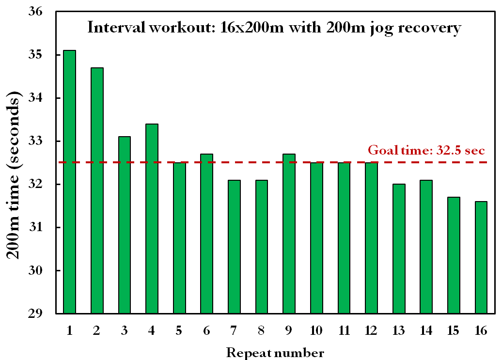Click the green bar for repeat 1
pos(69,182)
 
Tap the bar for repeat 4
pos(152,219)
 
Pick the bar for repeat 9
pos(289,234)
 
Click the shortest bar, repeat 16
pos(481,257)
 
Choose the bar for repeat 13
pos(399,249)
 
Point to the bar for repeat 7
pos(234,247)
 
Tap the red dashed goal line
pos(339,162)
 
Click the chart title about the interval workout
pos(274,28)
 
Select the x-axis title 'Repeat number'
pos(275,352)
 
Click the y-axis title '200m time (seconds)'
pos(16,178)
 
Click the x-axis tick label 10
pos(316,330)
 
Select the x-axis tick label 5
pos(179,330)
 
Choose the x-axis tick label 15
pos(454,330)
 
